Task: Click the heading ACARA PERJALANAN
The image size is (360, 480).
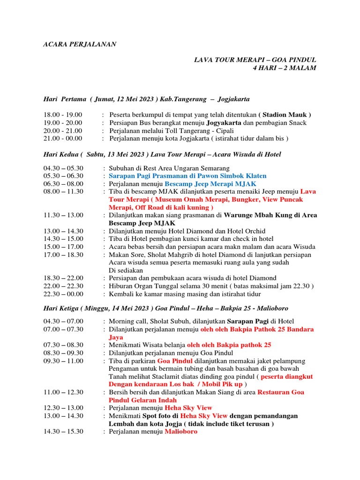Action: (x=80, y=44)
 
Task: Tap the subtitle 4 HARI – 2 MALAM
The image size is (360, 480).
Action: (x=284, y=68)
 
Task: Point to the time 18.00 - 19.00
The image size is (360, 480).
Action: (x=63, y=115)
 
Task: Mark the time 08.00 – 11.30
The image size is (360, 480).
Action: (x=63, y=192)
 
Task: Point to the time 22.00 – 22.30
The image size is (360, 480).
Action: (x=63, y=286)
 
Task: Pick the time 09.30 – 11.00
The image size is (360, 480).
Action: (x=63, y=361)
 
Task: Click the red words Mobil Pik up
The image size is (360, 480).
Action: (x=219, y=384)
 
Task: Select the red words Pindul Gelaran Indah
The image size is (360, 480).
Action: (x=143, y=400)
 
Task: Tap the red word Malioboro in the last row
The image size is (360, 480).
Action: (x=181, y=432)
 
